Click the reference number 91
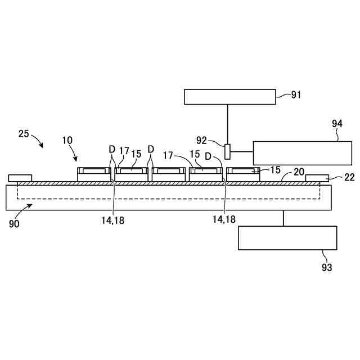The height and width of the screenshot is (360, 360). click(x=296, y=95)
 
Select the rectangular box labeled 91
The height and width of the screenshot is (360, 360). click(x=230, y=97)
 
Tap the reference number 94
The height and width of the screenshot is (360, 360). click(x=337, y=123)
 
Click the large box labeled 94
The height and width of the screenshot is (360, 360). click(x=303, y=152)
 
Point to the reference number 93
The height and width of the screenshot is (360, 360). click(x=327, y=267)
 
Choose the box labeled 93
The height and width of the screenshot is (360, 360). click(x=287, y=238)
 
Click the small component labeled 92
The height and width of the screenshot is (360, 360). click(x=228, y=151)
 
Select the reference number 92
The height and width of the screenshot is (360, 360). click(x=202, y=139)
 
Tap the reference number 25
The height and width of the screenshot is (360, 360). click(x=24, y=134)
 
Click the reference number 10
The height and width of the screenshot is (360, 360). click(x=67, y=139)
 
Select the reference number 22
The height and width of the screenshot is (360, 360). click(x=349, y=177)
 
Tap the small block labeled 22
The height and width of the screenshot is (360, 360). click(x=317, y=178)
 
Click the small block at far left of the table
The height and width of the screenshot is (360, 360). click(x=20, y=178)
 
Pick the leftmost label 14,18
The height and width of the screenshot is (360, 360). click(x=112, y=220)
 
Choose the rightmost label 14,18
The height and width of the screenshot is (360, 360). click(x=224, y=220)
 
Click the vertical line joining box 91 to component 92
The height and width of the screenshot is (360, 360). click(x=228, y=124)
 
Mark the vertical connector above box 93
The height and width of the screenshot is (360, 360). click(x=283, y=218)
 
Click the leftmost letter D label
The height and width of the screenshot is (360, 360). click(x=111, y=150)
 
